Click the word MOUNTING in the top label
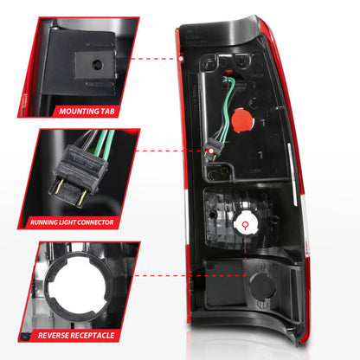click(x=79, y=111)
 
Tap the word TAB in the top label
click(x=107, y=111)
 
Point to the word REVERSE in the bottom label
click(x=53, y=336)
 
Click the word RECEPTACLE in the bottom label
click(x=93, y=336)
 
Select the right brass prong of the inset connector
click(x=81, y=199)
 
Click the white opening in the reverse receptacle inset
click(x=78, y=286)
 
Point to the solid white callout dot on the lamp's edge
click(x=181, y=59)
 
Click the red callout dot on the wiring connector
click(x=211, y=151)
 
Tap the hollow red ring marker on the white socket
click(x=246, y=225)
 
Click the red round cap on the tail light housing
click(x=242, y=120)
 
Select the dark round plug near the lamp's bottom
click(x=263, y=286)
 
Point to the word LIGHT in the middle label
click(x=67, y=222)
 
